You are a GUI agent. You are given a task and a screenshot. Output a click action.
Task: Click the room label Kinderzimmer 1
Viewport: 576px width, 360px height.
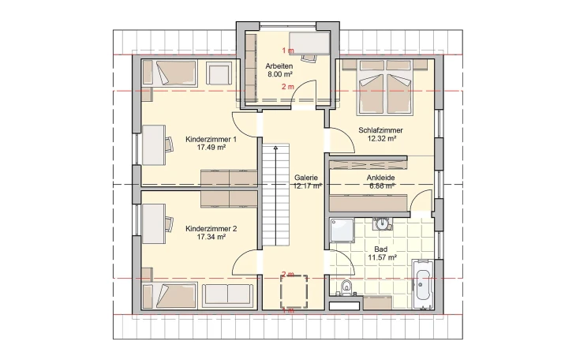(206, 139)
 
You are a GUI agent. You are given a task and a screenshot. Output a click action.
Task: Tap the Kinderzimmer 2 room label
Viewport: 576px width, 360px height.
(206, 228)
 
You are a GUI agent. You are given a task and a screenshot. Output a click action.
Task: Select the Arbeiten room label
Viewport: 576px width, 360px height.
(280, 66)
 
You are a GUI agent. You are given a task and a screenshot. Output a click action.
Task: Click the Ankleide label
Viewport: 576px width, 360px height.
(381, 178)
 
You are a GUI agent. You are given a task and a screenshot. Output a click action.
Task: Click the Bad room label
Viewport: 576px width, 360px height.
(381, 249)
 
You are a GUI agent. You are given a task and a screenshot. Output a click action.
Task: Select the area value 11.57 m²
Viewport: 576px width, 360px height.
(381, 257)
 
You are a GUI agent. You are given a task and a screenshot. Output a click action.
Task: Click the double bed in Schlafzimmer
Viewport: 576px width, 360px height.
(384, 85)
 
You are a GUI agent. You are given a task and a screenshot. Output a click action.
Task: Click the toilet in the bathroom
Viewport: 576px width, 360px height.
(345, 287)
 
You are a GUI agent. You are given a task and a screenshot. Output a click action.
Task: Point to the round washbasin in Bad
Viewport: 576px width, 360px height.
(383, 223)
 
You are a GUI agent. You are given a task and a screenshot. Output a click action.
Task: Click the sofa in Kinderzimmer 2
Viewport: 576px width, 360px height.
(227, 295)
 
